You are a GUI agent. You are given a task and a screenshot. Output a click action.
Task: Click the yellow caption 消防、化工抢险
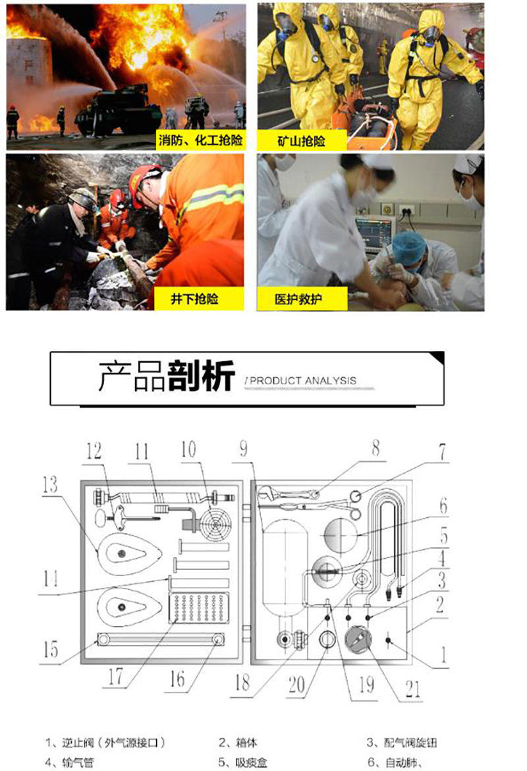click(x=200, y=140)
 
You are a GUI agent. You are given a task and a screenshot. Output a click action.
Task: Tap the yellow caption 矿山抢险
click(x=301, y=141)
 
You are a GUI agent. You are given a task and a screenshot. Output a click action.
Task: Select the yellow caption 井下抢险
click(x=195, y=299)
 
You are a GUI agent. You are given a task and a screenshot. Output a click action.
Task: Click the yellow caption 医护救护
click(x=298, y=299)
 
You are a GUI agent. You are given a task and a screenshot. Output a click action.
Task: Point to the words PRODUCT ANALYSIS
click(x=303, y=381)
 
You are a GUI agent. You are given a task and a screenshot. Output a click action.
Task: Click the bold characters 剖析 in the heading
click(x=201, y=376)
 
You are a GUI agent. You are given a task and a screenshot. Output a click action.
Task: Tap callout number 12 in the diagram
click(x=94, y=450)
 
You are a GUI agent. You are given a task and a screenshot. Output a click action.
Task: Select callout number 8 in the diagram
click(x=375, y=448)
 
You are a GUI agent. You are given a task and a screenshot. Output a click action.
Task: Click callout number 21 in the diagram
click(x=413, y=689)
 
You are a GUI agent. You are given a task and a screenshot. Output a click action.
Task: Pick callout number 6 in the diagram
click(x=443, y=505)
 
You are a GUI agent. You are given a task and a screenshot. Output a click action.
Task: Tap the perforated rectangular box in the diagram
click(x=198, y=608)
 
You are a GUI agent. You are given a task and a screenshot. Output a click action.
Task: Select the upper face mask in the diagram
click(x=129, y=554)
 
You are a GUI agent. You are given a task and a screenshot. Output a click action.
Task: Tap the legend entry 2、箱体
click(x=238, y=742)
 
